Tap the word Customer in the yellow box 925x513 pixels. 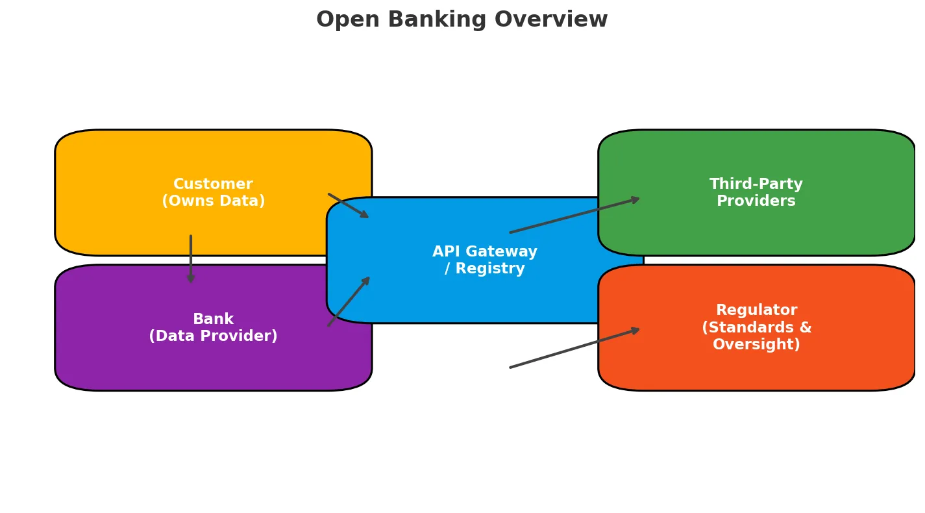tap(213, 184)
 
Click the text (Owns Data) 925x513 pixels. tap(213, 201)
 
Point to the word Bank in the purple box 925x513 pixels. tap(213, 319)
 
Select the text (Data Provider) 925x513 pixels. tap(213, 336)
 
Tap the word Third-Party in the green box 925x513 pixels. tap(756, 184)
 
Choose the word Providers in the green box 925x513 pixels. tap(756, 201)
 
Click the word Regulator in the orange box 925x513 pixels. tap(756, 310)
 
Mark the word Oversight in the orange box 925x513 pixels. tap(756, 345)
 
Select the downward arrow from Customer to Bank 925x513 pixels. tap(191, 259)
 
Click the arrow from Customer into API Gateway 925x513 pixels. tap(349, 206)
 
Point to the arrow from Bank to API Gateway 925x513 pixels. tap(349, 302)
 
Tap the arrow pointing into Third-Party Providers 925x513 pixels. tap(574, 216)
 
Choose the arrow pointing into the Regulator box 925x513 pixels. tap(574, 349)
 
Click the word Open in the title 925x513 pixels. tap(338, 20)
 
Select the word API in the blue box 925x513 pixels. tap(445, 252)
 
